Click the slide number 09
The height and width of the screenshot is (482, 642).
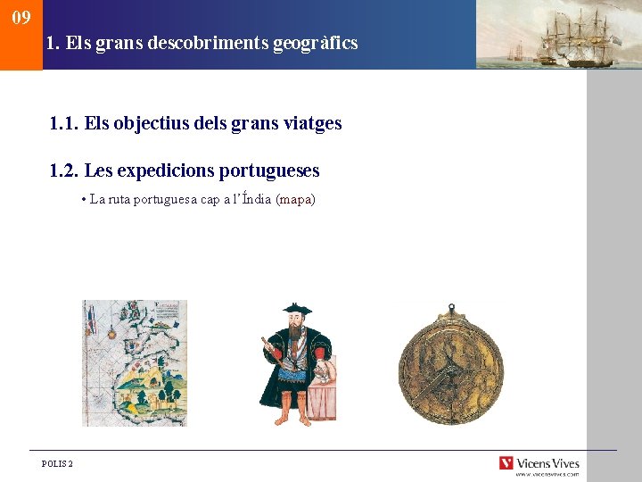(21, 18)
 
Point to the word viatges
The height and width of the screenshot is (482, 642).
(311, 123)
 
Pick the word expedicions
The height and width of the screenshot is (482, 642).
(164, 170)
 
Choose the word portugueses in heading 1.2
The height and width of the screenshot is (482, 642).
(268, 170)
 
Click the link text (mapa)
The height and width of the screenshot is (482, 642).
(296, 200)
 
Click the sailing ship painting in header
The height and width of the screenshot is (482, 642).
(557, 35)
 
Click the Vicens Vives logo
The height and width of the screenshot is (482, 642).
(539, 464)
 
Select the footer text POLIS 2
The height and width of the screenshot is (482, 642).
(58, 464)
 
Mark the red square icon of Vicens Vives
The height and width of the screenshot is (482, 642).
(506, 463)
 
